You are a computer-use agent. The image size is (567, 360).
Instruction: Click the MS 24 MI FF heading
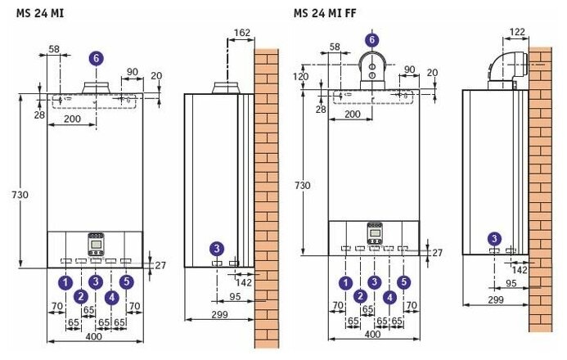325,13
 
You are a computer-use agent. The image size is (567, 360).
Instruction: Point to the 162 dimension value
242,33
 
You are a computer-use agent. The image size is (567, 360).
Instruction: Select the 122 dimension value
517,32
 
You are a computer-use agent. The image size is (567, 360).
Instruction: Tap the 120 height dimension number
300,77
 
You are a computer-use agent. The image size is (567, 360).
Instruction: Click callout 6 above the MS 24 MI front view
97,59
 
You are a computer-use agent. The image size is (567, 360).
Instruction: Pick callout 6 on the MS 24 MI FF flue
372,40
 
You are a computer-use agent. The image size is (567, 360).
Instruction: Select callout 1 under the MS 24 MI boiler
65,282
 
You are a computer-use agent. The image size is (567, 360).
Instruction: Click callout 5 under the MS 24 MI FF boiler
404,282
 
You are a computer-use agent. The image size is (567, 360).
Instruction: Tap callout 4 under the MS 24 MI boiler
112,298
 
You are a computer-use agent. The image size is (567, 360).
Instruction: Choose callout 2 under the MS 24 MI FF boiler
360,296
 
